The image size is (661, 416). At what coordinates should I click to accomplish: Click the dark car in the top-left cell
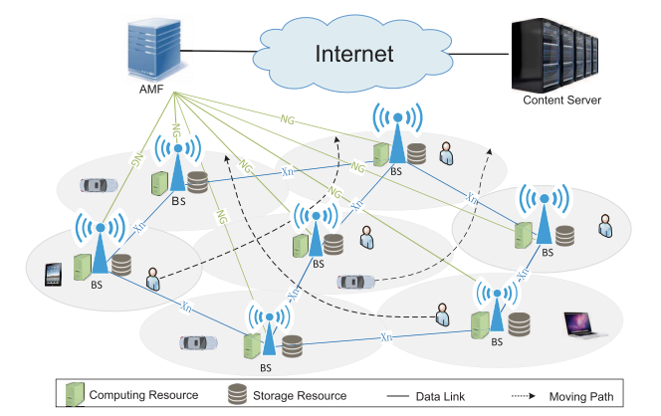(x=97, y=184)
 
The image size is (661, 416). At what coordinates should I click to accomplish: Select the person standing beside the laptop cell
(x=443, y=315)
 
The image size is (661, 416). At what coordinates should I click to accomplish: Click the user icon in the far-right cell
(x=605, y=226)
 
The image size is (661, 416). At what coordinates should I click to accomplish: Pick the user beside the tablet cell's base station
(x=153, y=279)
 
